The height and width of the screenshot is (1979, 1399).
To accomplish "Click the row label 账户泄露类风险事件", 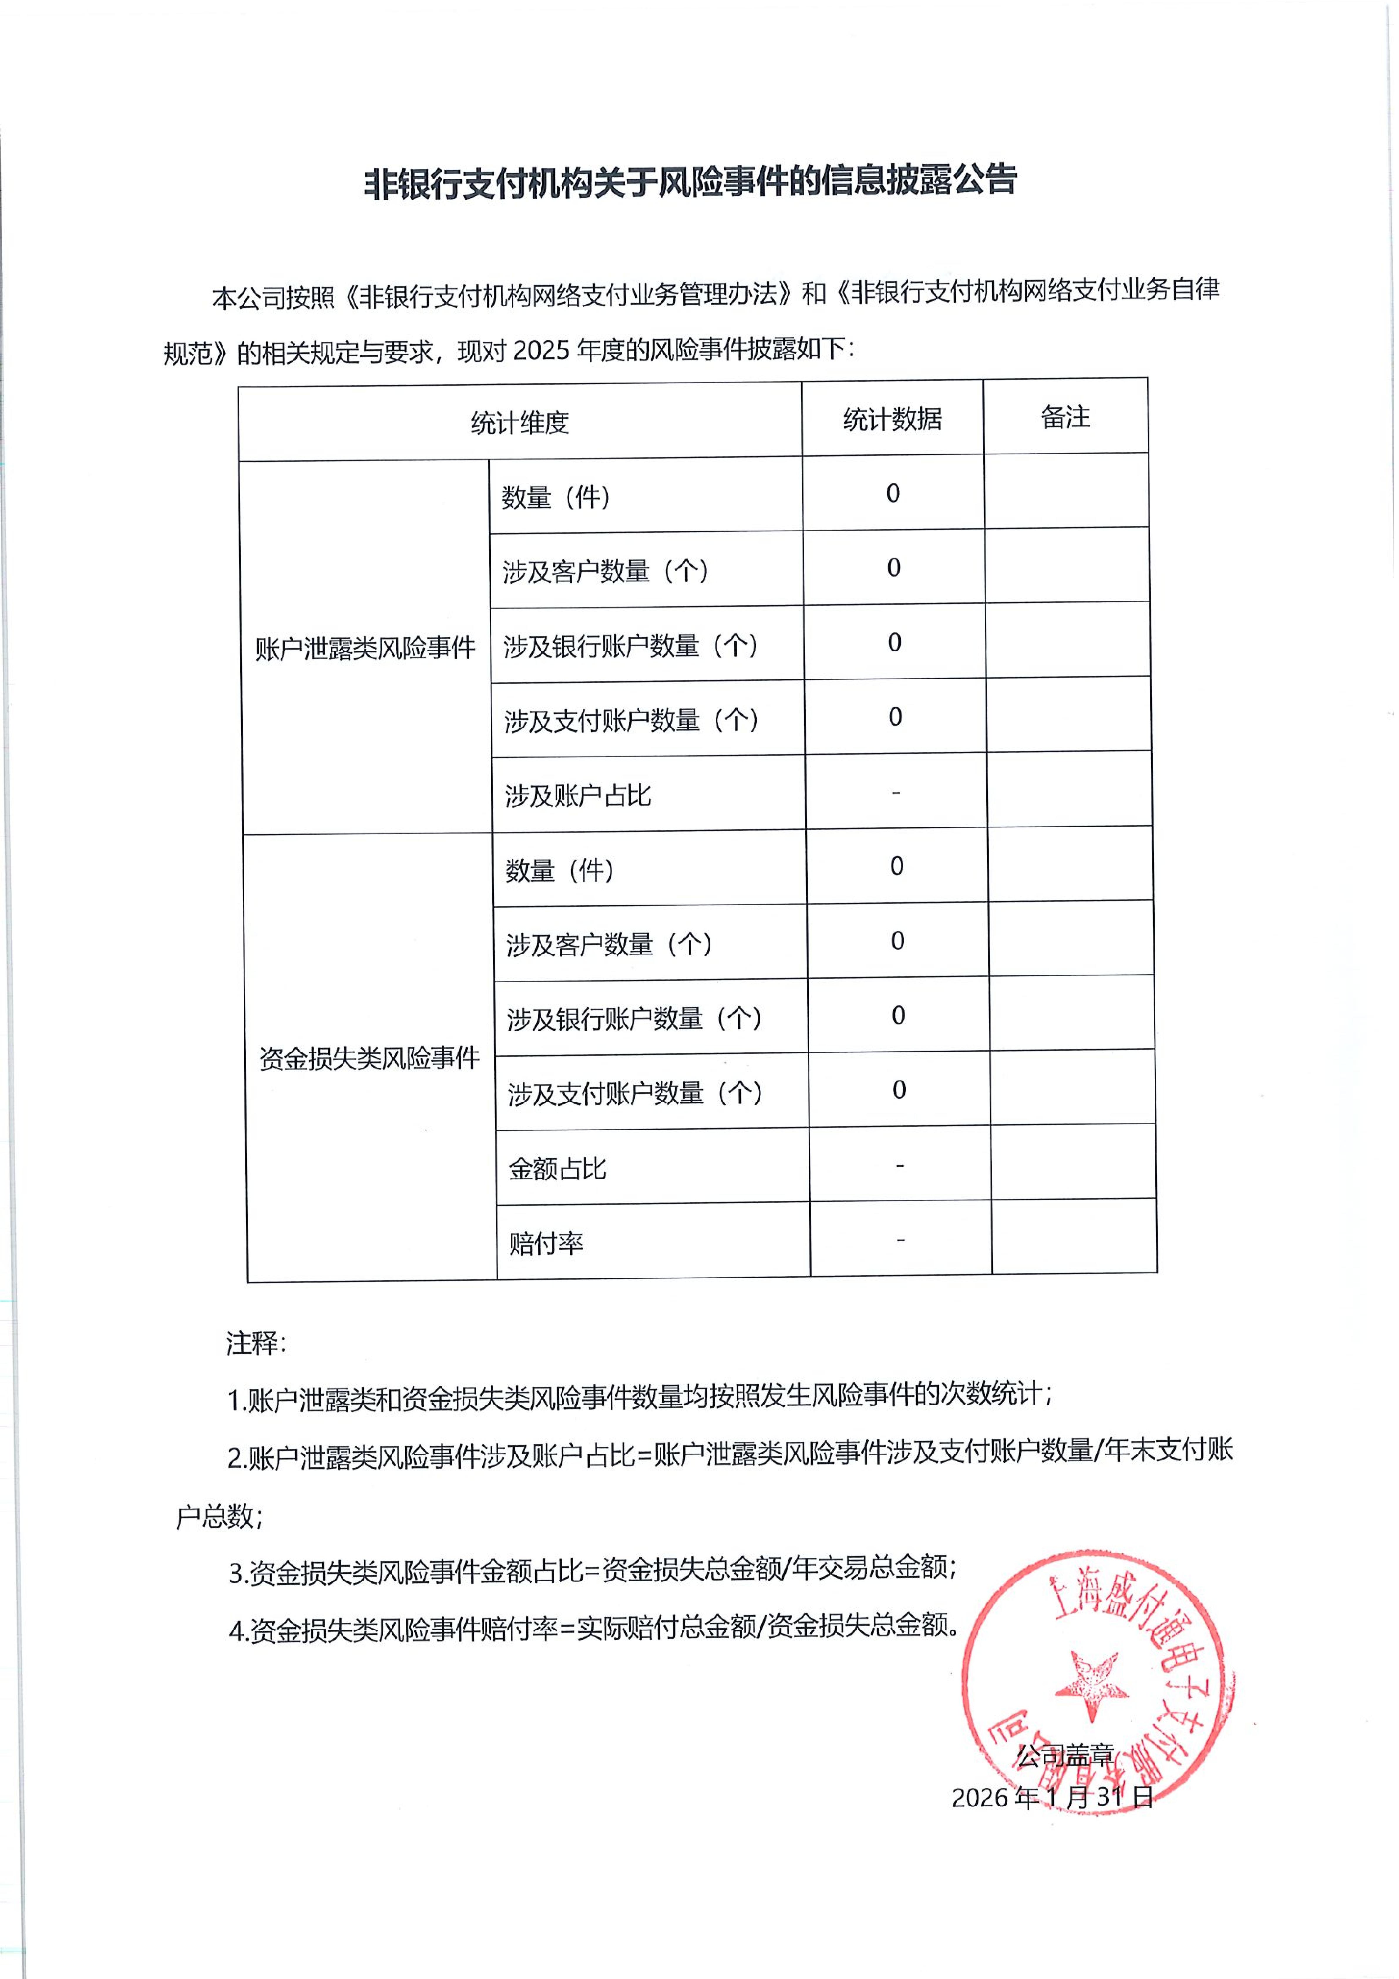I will [365, 648].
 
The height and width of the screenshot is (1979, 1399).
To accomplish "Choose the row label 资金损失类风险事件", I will [369, 1059].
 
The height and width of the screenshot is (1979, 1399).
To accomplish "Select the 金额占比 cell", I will [557, 1169].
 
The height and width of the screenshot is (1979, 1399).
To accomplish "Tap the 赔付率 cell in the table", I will [546, 1243].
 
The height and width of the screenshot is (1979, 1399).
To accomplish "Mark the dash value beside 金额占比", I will [900, 1165].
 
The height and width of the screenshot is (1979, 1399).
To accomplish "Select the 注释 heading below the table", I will [255, 1342].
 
